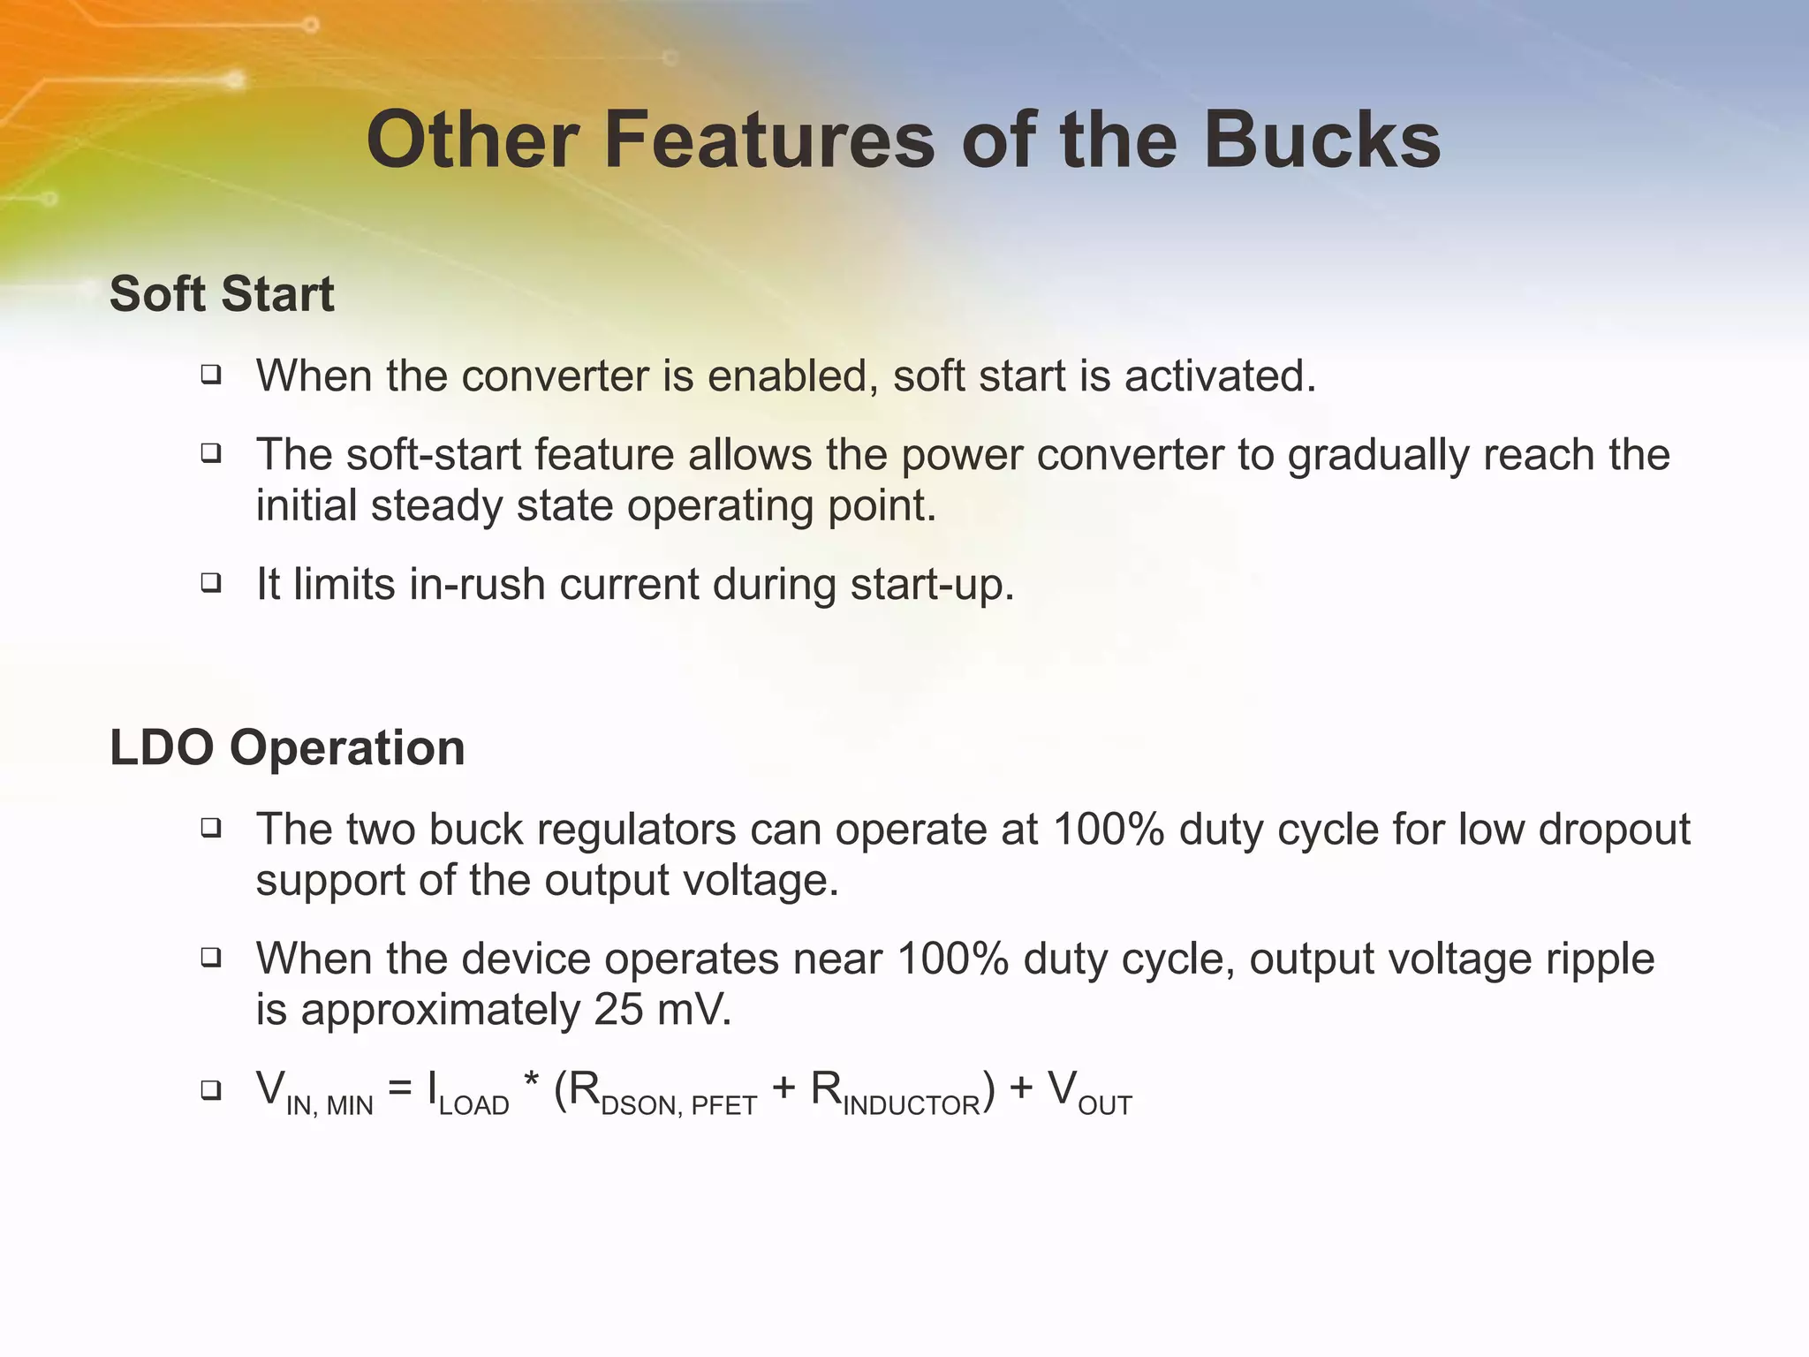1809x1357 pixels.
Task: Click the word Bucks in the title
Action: [1322, 141]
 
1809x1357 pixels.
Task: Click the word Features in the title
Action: [768, 141]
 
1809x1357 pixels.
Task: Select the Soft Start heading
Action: [222, 293]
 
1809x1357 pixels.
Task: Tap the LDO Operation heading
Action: [287, 747]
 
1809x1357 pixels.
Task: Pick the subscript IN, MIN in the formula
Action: [329, 1105]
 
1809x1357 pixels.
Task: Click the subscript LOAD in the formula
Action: [473, 1105]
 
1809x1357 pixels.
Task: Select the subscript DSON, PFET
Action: [678, 1105]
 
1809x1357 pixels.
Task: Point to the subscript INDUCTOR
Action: [911, 1105]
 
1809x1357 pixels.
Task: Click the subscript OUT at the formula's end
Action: [1104, 1105]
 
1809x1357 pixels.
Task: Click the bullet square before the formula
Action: [210, 1089]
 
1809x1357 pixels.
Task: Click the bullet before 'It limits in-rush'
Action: [210, 583]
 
